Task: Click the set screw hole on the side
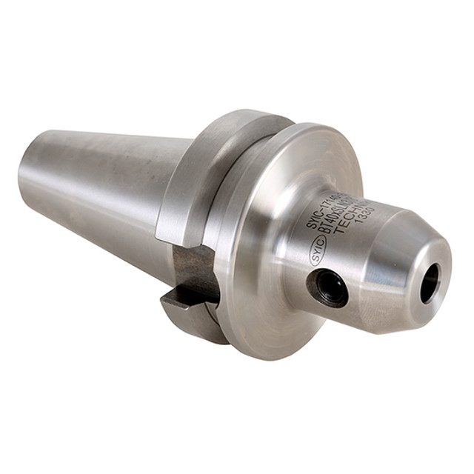click(329, 288)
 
